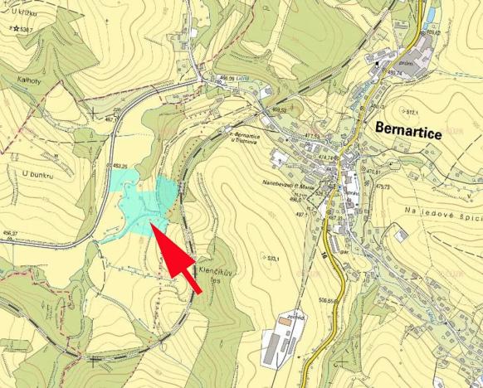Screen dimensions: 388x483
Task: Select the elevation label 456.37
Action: tap(10, 234)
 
